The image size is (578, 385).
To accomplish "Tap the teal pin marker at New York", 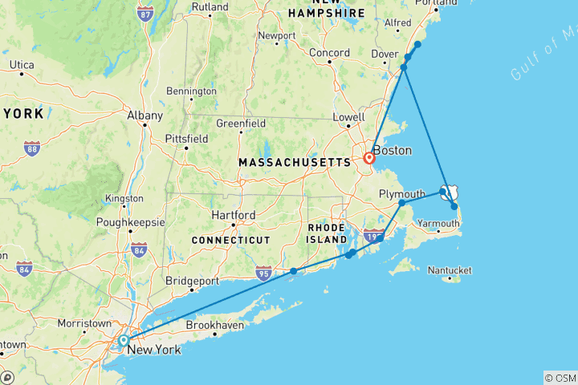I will pyautogui.click(x=123, y=341).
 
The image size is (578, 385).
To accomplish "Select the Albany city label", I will pyautogui.click(x=144, y=115).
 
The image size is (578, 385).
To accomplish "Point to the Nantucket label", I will pyautogui.click(x=450, y=270).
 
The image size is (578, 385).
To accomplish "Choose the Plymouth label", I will pyautogui.click(x=401, y=194).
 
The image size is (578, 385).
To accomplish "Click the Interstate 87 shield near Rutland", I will pyautogui.click(x=145, y=14).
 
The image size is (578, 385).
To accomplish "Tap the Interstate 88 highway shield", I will pyautogui.click(x=32, y=148).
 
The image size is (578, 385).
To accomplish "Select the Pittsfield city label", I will pyautogui.click(x=186, y=139).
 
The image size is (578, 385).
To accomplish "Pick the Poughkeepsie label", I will pyautogui.click(x=129, y=221).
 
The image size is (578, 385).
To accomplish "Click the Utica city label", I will pyautogui.click(x=21, y=64).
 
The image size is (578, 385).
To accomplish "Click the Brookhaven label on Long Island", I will pyautogui.click(x=213, y=326).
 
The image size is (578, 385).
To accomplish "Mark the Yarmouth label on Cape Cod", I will pyautogui.click(x=438, y=224).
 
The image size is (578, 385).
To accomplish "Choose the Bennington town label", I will pyautogui.click(x=191, y=91).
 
